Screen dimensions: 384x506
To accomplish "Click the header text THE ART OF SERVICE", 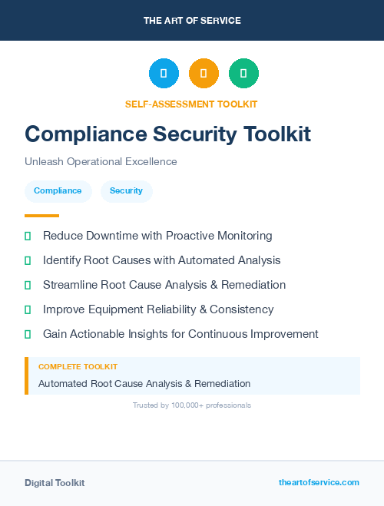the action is click(192, 21).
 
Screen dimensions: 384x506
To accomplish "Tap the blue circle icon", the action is click(164, 74).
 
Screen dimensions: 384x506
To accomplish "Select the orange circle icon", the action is click(204, 74).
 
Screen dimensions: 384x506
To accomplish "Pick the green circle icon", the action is click(243, 74).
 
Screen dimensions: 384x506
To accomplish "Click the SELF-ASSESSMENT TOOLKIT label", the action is click(192, 104).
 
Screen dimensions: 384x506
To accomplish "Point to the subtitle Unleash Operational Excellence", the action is click(101, 161).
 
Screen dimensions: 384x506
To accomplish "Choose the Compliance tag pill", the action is click(58, 190).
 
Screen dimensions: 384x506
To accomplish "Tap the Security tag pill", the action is click(126, 190).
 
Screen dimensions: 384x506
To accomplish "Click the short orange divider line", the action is click(41, 216).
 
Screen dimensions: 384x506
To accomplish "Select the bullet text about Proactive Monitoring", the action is click(157, 236).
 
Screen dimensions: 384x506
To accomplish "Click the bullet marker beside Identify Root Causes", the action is click(28, 260).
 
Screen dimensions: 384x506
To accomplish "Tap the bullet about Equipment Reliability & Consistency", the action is click(158, 309).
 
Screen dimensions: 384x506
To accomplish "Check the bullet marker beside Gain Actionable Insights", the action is click(28, 334).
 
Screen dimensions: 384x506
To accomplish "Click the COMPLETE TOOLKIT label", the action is click(78, 367).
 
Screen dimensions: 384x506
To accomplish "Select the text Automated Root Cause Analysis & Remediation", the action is click(144, 383).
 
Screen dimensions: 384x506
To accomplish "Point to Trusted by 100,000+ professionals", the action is click(192, 405).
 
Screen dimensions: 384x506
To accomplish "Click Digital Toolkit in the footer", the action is click(55, 483).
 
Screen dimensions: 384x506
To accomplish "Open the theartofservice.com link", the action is click(319, 482).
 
